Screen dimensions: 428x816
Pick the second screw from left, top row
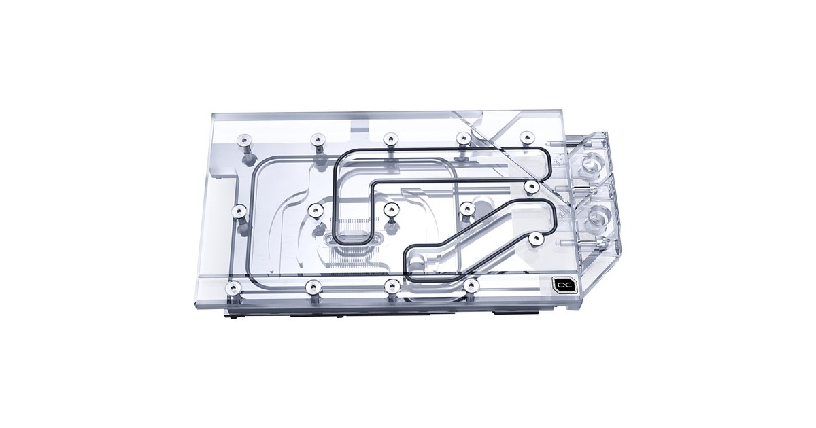(316, 140)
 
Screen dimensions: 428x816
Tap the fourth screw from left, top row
(462, 138)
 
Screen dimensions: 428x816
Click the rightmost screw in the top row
(525, 137)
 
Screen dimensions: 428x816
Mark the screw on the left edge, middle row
(239, 211)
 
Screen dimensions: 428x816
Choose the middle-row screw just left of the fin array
(315, 210)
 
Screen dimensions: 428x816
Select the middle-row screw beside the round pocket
(466, 209)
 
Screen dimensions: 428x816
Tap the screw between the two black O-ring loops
(532, 185)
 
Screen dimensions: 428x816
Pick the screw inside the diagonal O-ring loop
(536, 237)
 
